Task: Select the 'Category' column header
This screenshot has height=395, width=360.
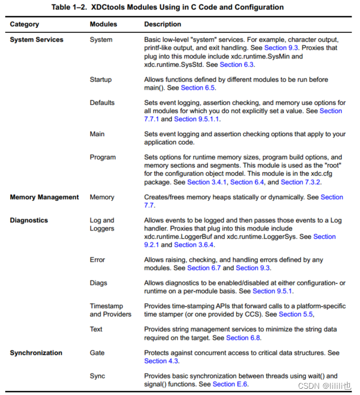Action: pos(24,24)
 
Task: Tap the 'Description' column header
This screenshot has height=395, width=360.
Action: pos(162,24)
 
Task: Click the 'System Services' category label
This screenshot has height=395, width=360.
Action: pos(36,40)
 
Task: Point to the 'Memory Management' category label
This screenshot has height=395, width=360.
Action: pos(44,197)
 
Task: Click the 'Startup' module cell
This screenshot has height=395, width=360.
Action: pos(101,79)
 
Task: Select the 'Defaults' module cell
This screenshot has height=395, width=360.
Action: pos(102,103)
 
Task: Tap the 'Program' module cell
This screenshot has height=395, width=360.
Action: pos(102,157)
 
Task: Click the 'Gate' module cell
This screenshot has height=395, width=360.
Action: pos(97,352)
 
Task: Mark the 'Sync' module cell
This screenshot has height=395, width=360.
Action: pos(97,376)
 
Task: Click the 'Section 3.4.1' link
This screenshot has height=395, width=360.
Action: pos(207,182)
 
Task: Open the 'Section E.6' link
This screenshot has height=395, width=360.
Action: pos(230,384)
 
